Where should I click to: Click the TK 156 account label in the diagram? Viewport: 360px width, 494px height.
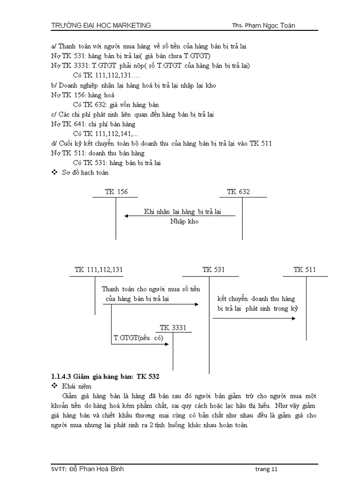116,192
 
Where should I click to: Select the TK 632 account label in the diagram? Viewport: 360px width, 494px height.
239,192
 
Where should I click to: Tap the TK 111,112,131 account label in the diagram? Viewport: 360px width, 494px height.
99,270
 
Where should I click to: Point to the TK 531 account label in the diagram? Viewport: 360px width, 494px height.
213,270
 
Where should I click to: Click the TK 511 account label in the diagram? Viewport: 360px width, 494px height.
304,270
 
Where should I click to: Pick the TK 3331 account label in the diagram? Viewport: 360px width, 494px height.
173,328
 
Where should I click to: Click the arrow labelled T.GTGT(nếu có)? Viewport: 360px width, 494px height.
140,344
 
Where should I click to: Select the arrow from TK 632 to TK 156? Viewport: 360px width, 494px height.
180,216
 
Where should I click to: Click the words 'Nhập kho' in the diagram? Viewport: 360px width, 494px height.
184,221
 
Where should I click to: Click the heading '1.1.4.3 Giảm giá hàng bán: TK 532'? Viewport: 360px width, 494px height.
105,377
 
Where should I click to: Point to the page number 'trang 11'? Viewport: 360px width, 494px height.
266,469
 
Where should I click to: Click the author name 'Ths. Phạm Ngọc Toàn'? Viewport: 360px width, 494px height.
263,25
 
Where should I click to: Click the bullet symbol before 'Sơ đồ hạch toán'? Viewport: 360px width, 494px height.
55,173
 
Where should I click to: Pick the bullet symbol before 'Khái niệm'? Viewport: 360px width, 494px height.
55,386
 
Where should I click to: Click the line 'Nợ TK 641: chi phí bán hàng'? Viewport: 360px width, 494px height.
93,124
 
